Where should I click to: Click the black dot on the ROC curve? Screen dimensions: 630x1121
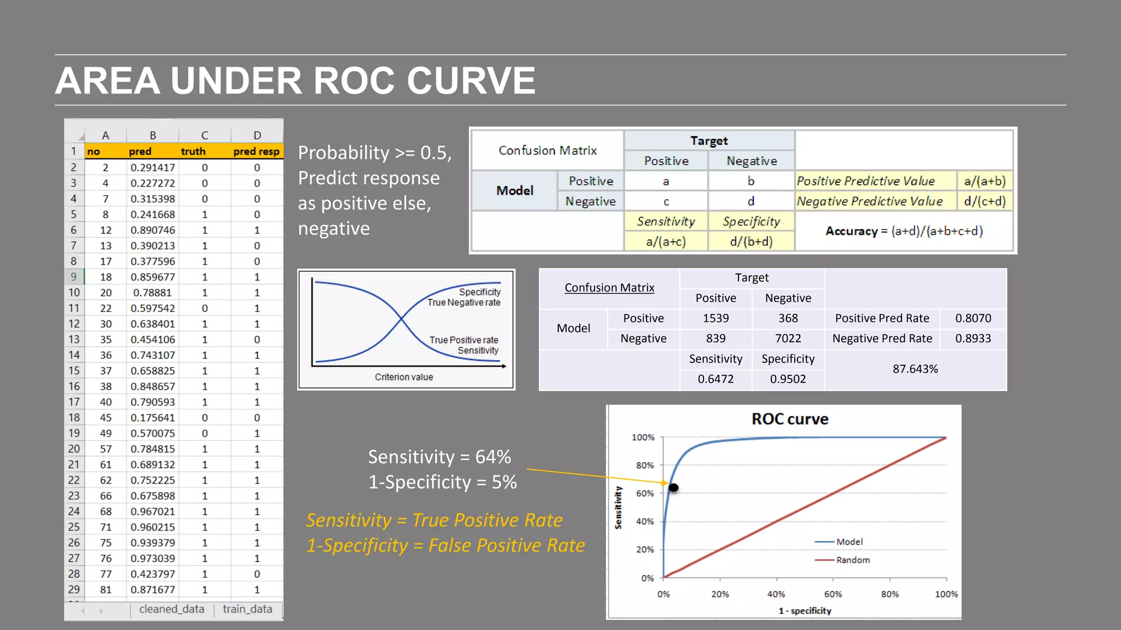point(674,487)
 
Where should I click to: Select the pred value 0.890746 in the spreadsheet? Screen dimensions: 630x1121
point(153,230)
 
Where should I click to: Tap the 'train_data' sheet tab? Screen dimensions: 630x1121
point(247,609)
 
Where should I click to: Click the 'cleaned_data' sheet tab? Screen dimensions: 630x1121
point(171,609)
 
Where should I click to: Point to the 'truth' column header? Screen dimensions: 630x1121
point(193,151)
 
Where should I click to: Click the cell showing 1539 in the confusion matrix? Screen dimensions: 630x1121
point(715,318)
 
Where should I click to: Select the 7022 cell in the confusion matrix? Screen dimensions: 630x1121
point(788,339)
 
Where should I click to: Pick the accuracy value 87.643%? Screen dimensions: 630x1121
point(915,369)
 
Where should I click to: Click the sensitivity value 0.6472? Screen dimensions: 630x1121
point(715,379)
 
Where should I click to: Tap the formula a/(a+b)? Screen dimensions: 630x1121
point(985,181)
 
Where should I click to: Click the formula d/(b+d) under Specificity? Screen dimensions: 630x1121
point(751,242)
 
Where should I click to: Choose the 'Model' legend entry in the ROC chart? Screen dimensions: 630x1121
point(849,542)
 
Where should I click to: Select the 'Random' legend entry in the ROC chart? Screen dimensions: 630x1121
point(852,560)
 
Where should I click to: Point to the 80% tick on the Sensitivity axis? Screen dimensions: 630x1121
point(645,465)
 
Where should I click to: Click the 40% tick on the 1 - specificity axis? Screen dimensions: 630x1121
point(776,594)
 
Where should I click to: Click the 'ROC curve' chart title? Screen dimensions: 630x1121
point(789,419)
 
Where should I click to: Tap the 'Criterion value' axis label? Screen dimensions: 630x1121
point(404,377)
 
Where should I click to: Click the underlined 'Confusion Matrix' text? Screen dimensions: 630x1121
point(609,288)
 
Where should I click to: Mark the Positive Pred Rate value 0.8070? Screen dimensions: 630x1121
point(973,318)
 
